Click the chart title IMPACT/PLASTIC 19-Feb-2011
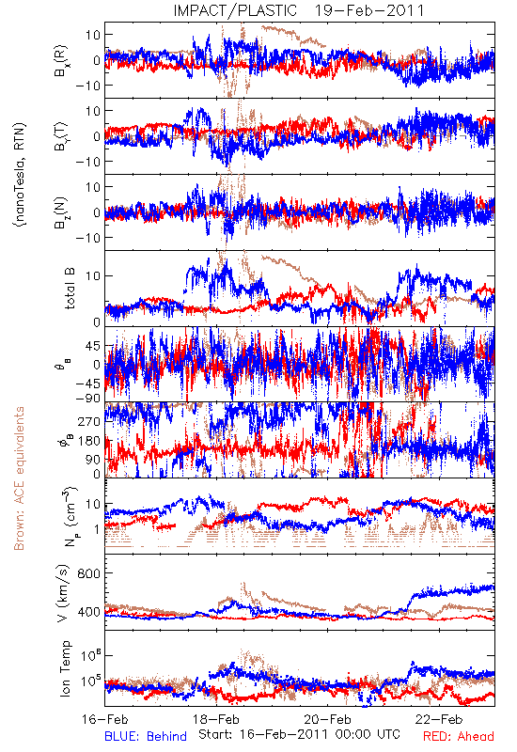[299, 10]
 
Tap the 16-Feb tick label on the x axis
[105, 719]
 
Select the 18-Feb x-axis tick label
[216, 719]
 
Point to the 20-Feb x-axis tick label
[327, 719]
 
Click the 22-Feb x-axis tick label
[439, 719]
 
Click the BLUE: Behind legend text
[146, 736]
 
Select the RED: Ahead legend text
[459, 736]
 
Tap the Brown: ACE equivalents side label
[19, 478]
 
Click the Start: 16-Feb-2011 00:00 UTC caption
[299, 734]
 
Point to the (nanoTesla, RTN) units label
[20, 175]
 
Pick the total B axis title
[69, 289]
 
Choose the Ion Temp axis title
[65, 668]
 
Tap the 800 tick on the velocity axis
[88, 573]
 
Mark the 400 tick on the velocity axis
[88, 612]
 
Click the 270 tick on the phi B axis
[88, 421]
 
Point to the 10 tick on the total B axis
[93, 275]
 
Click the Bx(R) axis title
[62, 61]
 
